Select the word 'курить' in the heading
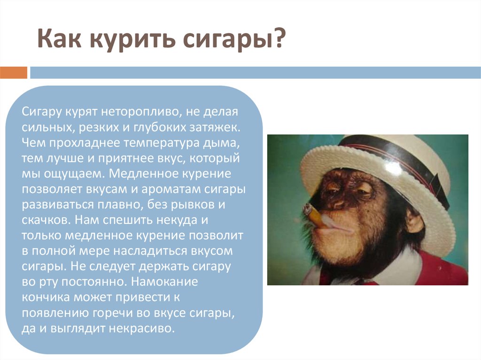click(x=133, y=40)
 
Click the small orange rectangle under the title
click(x=14, y=73)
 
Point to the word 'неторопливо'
click(x=139, y=112)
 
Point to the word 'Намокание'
click(x=164, y=282)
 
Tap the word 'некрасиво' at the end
click(x=141, y=329)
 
